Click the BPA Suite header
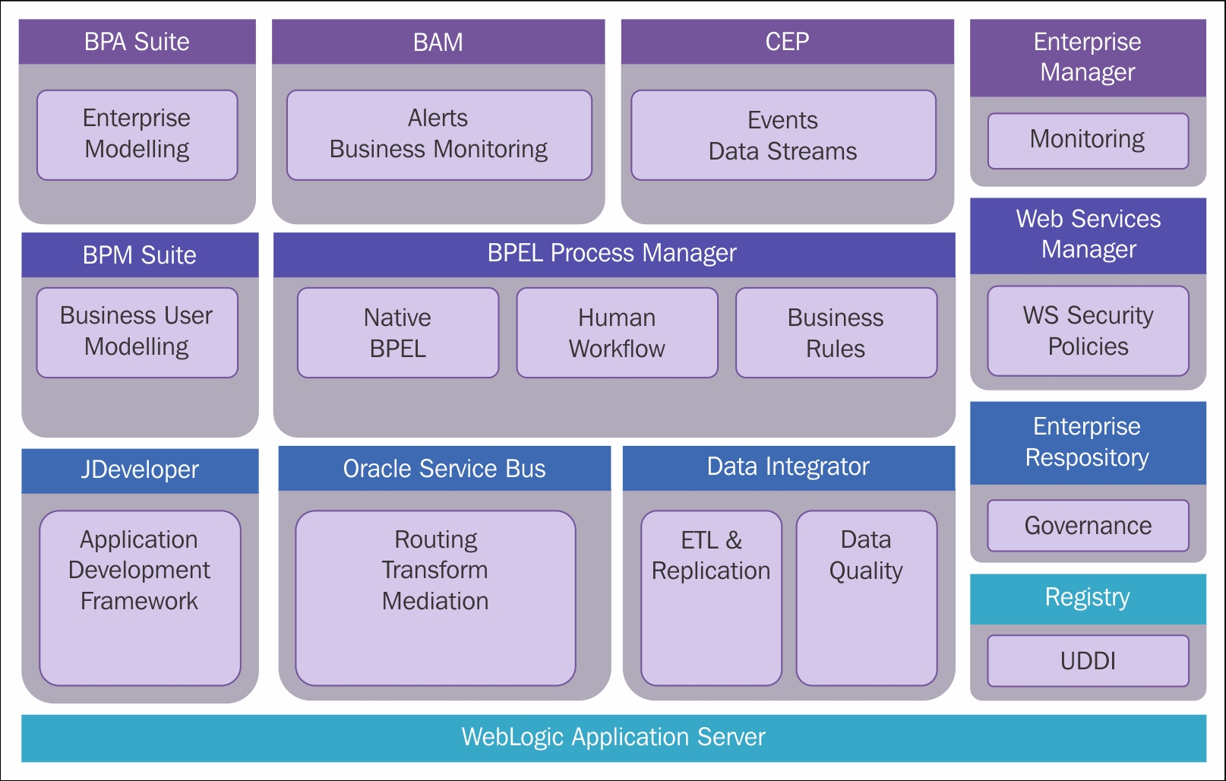click(x=137, y=42)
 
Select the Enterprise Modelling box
click(x=137, y=134)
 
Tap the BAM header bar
click(x=438, y=42)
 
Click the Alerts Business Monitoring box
click(x=439, y=134)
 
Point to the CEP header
click(x=788, y=42)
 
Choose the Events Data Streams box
click(x=783, y=134)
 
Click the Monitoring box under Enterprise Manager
click(x=1088, y=141)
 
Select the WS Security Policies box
click(x=1088, y=330)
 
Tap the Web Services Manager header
click(x=1088, y=236)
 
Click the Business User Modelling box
click(x=137, y=332)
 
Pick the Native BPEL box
click(x=398, y=332)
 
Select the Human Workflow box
click(x=617, y=332)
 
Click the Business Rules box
click(x=836, y=332)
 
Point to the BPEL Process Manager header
click(x=614, y=255)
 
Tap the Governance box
click(x=1088, y=526)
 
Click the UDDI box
click(x=1088, y=661)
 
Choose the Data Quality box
click(x=867, y=598)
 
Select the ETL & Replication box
click(x=711, y=598)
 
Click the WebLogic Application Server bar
click(x=614, y=738)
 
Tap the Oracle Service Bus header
click(x=444, y=469)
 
